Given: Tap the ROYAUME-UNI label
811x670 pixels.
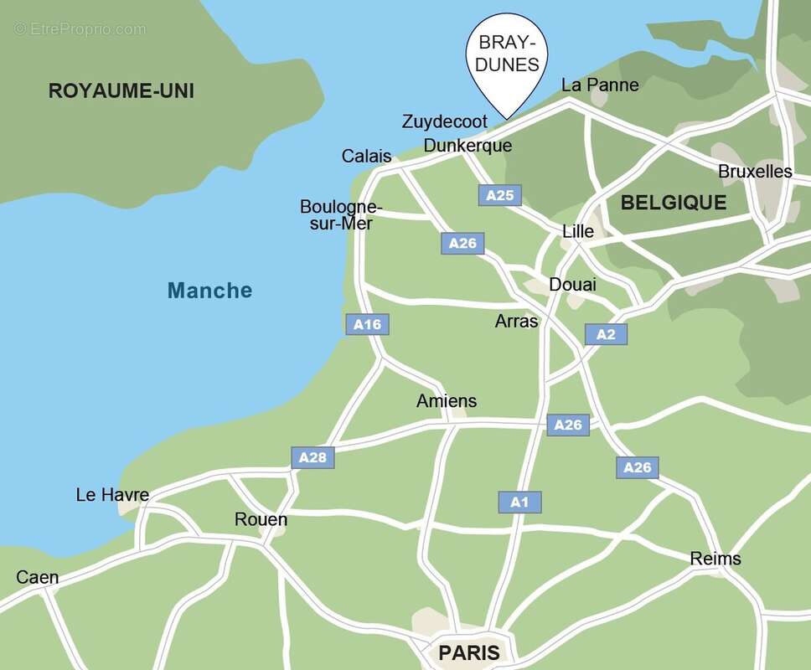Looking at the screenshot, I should tap(121, 90).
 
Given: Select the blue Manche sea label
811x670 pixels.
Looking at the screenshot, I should tap(209, 291).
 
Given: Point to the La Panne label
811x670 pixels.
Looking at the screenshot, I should tap(600, 85).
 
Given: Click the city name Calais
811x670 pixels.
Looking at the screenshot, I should tap(366, 157).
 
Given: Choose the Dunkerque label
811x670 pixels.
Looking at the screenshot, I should tap(467, 146).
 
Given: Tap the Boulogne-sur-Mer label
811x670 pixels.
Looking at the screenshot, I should tap(340, 215).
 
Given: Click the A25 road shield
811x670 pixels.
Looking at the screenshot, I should tap(500, 195).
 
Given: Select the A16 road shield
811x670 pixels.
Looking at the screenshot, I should tap(368, 324).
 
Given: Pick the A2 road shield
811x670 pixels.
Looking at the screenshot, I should tap(606, 334).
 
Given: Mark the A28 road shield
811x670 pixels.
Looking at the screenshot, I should tap(313, 457).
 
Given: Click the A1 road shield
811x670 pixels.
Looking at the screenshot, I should tap(519, 502).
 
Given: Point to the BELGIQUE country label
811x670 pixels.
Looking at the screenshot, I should tap(673, 203).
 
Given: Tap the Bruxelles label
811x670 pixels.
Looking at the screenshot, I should tap(755, 171).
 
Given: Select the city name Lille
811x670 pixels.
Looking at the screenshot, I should tap(578, 231).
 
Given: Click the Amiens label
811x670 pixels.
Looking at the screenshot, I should tap(447, 401).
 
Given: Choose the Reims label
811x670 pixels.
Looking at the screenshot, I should tap(715, 559).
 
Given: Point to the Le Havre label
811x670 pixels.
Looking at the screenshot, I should tap(112, 495).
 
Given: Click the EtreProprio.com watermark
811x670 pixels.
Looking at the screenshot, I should tap(80, 29).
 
